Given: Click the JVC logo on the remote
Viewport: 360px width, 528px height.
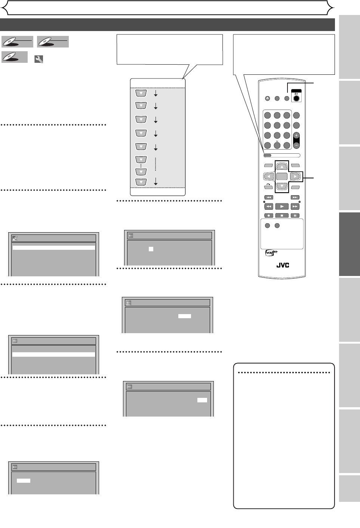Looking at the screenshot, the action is tap(283, 265).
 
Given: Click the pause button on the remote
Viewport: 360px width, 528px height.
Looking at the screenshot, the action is tap(295, 215).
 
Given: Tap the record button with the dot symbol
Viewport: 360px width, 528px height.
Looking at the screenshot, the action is tap(269, 215).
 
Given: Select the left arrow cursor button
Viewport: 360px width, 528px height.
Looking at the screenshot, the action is tap(269, 176).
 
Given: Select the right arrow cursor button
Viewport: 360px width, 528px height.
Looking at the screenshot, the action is tap(295, 176).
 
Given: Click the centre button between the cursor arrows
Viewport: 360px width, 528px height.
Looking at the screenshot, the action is tap(282, 176).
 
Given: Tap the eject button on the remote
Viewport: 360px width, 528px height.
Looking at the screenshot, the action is tap(267, 99).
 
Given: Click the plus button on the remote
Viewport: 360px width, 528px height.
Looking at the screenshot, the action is tap(296, 136).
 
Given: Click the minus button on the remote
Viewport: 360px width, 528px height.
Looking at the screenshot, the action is tap(296, 145).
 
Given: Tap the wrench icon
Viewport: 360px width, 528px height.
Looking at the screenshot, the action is tap(39, 59).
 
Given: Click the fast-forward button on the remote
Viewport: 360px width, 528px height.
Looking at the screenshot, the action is tap(295, 206).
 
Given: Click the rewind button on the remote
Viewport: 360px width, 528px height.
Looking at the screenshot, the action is tap(269, 206).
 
